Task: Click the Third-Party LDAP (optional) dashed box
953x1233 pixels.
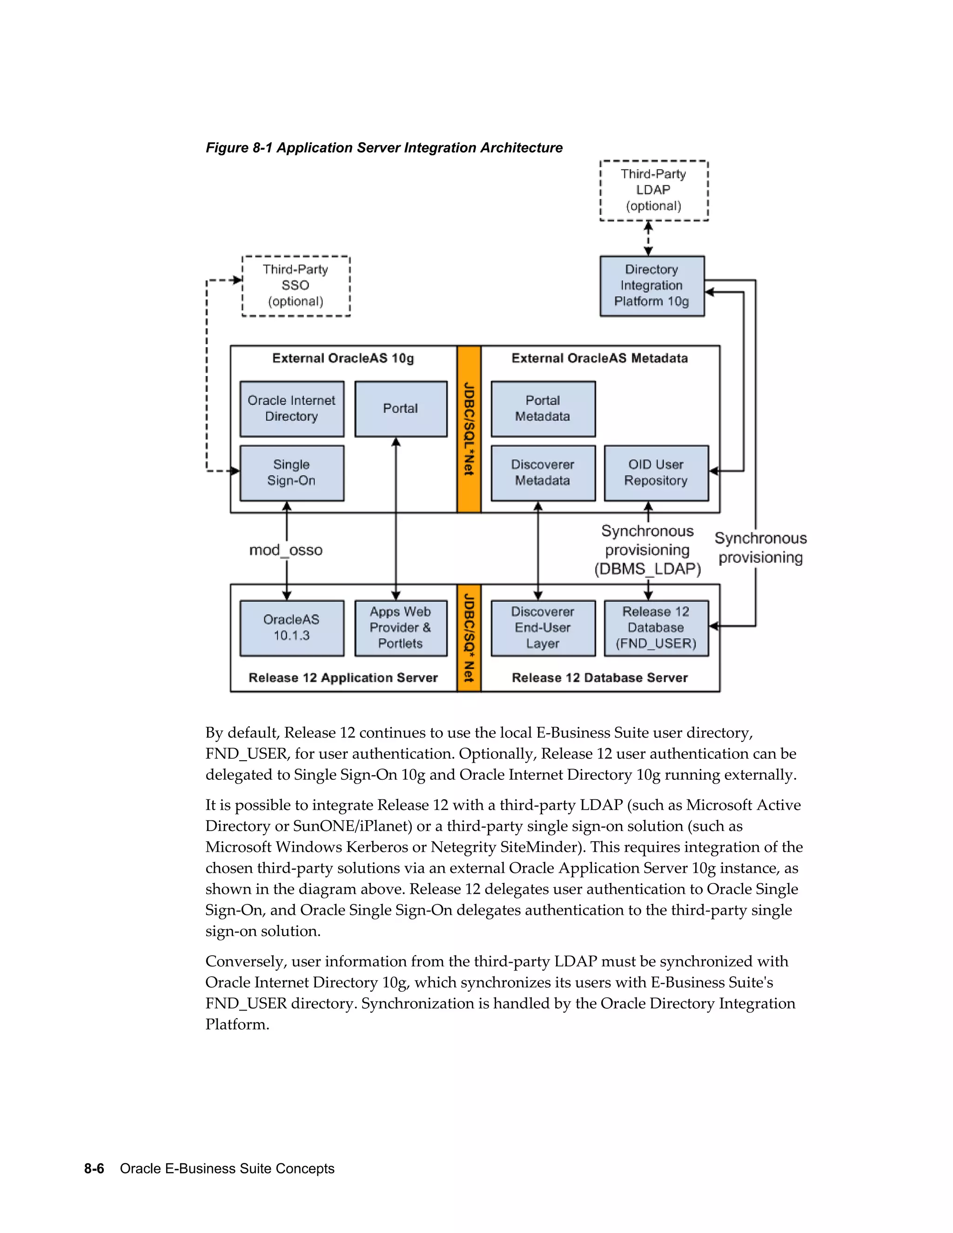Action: [653, 190]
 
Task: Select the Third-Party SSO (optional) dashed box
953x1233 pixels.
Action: [295, 286]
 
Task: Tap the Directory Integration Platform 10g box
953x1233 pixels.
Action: [651, 286]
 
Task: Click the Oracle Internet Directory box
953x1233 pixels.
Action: [291, 409]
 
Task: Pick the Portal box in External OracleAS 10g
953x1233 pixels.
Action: [400, 409]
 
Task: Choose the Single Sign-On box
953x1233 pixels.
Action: [291, 473]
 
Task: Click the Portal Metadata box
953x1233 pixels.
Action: [543, 409]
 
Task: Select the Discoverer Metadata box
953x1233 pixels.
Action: [543, 473]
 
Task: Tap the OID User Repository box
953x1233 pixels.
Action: [656, 473]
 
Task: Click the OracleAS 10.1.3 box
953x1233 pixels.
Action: [291, 628]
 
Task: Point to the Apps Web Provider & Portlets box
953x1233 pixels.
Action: [400, 628]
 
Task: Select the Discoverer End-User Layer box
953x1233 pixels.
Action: [543, 628]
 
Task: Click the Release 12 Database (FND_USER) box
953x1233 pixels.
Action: [656, 628]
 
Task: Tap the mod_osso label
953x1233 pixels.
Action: [286, 550]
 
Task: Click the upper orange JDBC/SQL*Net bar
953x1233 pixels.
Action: [469, 429]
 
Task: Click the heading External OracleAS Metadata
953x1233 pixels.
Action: [599, 358]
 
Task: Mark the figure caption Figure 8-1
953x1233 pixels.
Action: [384, 148]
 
